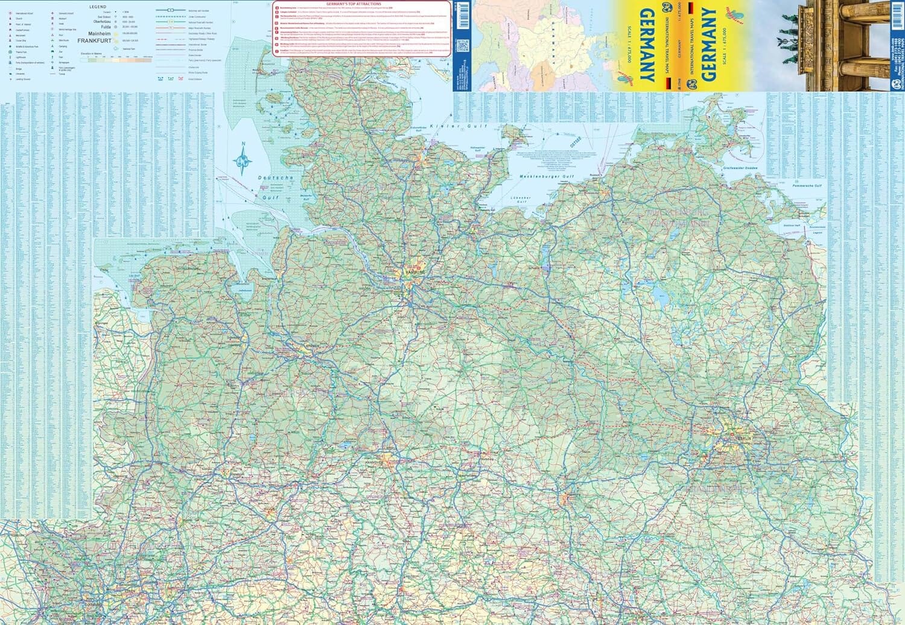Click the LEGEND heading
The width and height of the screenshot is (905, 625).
[x=97, y=7]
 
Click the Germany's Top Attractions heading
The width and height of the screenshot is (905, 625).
[x=362, y=4]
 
